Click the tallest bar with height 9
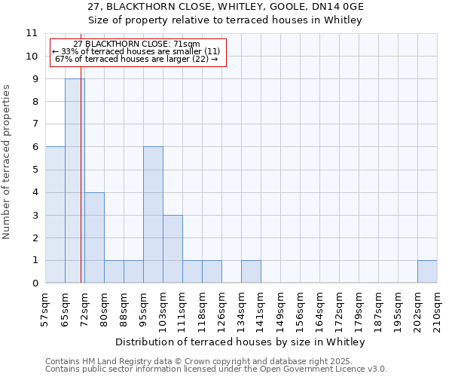(75, 181)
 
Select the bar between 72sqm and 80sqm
(94, 238)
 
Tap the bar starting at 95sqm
(153, 215)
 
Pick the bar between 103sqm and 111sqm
(173, 249)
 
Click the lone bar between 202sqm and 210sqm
(427, 271)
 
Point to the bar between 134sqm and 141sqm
(251, 271)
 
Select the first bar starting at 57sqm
(55, 215)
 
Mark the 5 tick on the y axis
(35, 170)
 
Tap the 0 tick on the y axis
(35, 284)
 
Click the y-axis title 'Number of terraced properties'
(8, 162)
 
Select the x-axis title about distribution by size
(241, 342)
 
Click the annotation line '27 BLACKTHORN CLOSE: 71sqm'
(137, 44)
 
